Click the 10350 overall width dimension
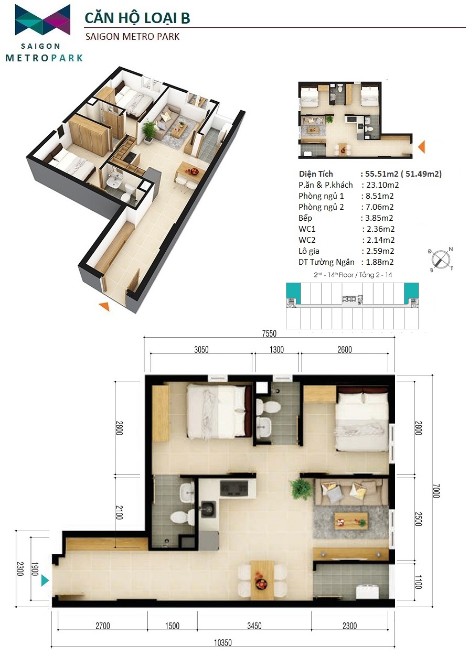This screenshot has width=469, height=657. point(222,651)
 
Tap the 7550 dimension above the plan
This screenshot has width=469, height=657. point(269,333)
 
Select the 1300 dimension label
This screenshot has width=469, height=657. point(276,350)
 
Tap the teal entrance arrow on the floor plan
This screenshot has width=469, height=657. point(45,580)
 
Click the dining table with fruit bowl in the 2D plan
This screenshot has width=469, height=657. point(262,580)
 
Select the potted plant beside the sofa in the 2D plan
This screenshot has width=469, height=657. point(300,488)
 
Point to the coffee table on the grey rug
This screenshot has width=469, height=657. point(351,521)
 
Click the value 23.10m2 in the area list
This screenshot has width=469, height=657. point(382,185)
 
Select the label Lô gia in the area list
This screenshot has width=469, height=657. point(309,251)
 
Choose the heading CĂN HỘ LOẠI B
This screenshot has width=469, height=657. point(137,18)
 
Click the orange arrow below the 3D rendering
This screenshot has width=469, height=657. point(104,306)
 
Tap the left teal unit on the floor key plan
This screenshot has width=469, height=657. point(293,293)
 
